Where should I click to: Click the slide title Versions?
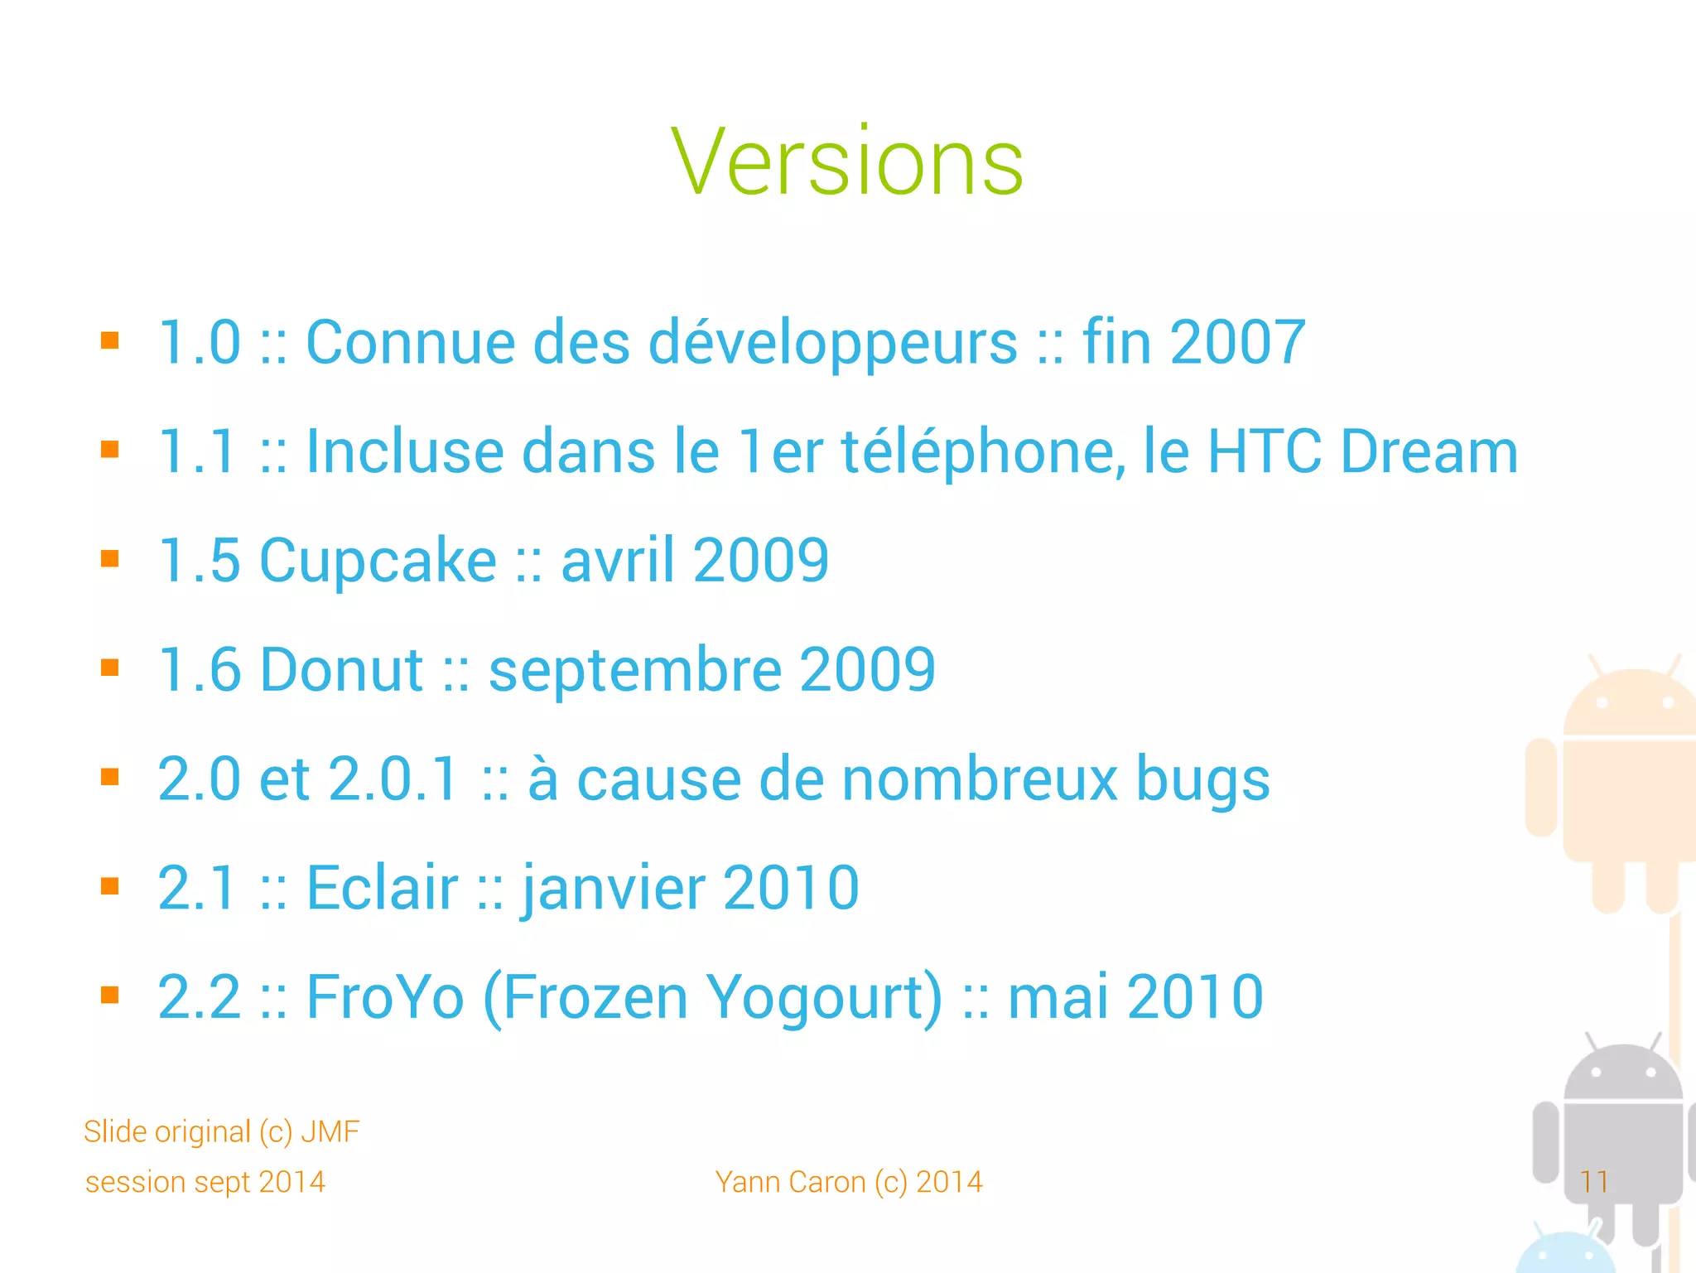847,162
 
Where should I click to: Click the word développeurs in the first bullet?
832,343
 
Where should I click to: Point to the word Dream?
1429,452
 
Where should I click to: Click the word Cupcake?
378,562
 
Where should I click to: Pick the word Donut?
341,670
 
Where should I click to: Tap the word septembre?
635,670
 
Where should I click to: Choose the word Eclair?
382,888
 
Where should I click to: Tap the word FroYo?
385,997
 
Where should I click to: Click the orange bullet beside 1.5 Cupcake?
110,559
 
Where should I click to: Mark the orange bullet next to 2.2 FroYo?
110,995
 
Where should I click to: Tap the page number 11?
1593,1182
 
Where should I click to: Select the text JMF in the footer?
330,1131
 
